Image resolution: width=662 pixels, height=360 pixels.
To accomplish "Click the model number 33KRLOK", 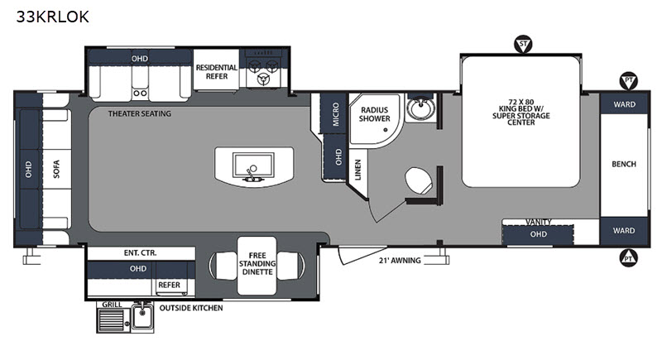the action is pos(53,17).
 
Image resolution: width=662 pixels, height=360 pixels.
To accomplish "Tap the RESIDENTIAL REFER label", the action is pos(217,72).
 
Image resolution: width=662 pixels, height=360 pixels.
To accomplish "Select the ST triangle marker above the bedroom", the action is pos(523,44).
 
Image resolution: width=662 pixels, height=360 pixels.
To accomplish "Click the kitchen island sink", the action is pos(254,166).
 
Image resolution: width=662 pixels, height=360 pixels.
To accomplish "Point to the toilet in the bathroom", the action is pos(419,181).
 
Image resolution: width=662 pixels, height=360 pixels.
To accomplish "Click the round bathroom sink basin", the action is pos(421,108).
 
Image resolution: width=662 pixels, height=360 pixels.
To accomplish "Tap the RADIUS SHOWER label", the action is pos(375,114).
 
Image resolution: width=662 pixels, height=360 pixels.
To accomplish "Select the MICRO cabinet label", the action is pos(336,114).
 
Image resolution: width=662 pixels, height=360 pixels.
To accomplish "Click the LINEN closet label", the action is pos(358,170).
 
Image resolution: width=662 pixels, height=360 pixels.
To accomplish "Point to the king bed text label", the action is pos(521,113).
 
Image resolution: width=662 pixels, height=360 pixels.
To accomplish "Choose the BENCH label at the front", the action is pos(624,164).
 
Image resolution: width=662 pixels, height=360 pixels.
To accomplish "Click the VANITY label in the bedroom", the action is pos(539,222).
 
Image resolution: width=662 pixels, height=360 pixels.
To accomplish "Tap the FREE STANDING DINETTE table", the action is pos(257,266).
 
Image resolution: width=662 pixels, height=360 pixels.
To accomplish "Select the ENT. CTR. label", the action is pos(140,252).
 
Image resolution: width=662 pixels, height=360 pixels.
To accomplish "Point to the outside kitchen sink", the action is pos(142,316).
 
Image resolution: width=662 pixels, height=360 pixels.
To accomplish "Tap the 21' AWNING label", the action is pos(400,261).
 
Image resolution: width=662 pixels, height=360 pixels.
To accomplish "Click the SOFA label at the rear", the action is pos(56,169).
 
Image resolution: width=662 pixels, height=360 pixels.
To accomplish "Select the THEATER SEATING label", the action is pos(140,113).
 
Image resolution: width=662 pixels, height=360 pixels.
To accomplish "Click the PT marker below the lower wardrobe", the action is pos(628,257).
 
